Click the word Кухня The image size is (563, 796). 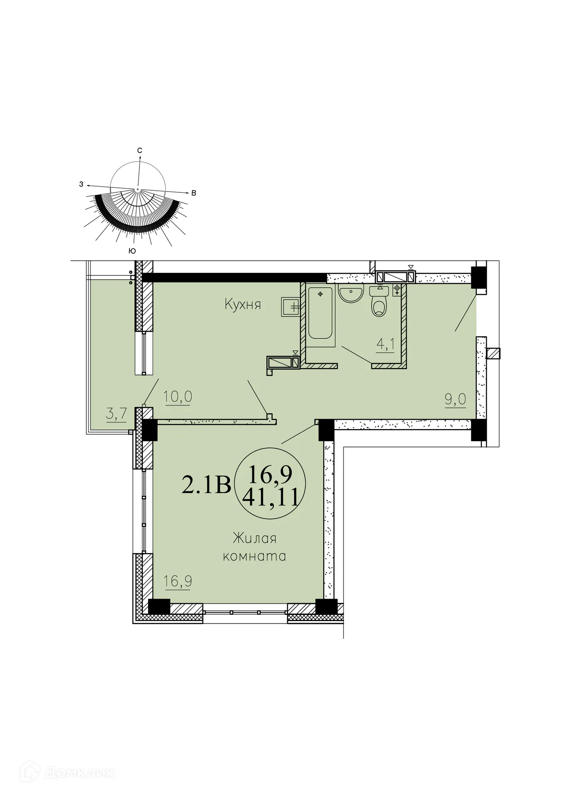click(243, 305)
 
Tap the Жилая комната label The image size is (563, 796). click(254, 547)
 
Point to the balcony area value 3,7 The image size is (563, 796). click(116, 414)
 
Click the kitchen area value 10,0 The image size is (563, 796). click(178, 397)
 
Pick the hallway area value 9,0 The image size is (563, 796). click(455, 399)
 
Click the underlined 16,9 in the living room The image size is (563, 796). click(178, 581)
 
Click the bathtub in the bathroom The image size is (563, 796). click(320, 313)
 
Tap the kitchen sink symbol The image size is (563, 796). click(290, 307)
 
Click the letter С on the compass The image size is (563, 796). click(140, 150)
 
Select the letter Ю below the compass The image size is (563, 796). click(132, 251)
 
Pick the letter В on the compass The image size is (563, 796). click(193, 193)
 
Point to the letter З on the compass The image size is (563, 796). click(81, 184)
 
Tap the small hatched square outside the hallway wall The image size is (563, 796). click(493, 353)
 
